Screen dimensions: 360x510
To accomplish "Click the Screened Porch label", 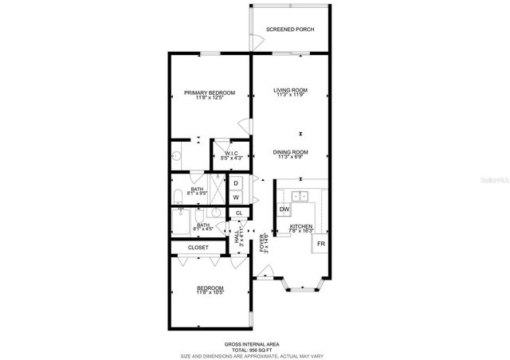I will [290, 29].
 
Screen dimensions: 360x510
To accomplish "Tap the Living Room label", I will [290, 90].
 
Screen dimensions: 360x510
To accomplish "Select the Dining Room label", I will [290, 152].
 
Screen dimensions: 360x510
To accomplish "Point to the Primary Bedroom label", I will [210, 93].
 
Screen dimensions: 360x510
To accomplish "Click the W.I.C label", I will [231, 153].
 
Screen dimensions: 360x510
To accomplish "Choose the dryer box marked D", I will [236, 183].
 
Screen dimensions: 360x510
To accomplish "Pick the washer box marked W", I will [236, 197].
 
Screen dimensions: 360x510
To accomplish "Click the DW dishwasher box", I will [284, 209].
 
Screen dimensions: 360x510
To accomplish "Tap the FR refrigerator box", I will [320, 244].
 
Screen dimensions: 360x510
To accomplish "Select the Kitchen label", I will [300, 226].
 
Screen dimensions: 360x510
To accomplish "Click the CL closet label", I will [238, 213].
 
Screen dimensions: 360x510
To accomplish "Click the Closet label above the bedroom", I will [198, 248].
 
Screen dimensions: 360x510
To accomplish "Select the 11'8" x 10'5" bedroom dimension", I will [210, 292].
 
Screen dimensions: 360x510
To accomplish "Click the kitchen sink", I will [300, 196].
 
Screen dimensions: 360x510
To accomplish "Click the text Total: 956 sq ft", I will [252, 350].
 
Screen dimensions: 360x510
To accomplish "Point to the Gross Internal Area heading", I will [252, 344].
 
